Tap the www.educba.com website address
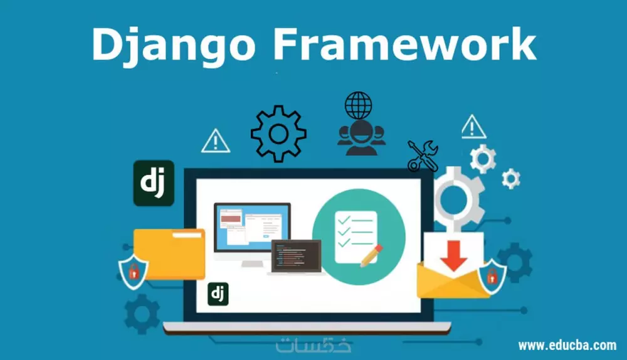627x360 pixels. pos(567,345)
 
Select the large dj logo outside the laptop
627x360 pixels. pos(154,183)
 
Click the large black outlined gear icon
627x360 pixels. pos(278,134)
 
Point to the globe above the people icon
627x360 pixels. pos(358,105)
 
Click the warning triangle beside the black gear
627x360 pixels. pos(215,141)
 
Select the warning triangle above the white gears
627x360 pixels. pos(474,127)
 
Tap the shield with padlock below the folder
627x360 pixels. pos(134,270)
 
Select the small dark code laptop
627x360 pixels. pos(296,257)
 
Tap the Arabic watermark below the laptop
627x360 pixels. pos(313,345)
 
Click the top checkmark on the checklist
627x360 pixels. pos(344,219)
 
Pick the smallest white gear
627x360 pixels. pos(511,179)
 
